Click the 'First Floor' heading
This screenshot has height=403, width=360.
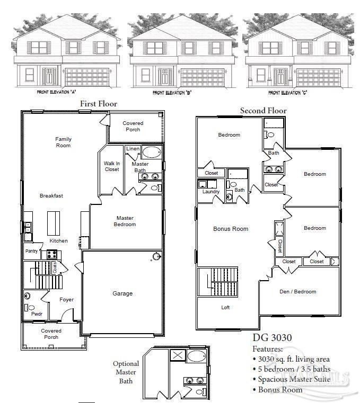[98, 104]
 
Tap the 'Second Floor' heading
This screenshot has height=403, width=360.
[263, 111]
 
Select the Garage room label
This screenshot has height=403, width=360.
[122, 293]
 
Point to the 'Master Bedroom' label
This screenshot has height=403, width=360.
[126, 221]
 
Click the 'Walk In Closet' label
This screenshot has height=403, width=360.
[111, 166]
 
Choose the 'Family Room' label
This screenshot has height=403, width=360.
[63, 142]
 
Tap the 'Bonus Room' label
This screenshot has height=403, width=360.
[231, 229]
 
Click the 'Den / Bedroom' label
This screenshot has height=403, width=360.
[297, 291]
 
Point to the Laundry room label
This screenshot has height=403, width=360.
[210, 192]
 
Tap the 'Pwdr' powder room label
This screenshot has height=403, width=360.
[36, 314]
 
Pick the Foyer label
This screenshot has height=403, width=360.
[66, 300]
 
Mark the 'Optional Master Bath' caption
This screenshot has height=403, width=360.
[126, 372]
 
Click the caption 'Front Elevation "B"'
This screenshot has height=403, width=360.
[172, 93]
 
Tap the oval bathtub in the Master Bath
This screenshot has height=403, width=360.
[152, 153]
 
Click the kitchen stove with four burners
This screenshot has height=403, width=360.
[52, 254]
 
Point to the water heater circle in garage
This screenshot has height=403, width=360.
[156, 257]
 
